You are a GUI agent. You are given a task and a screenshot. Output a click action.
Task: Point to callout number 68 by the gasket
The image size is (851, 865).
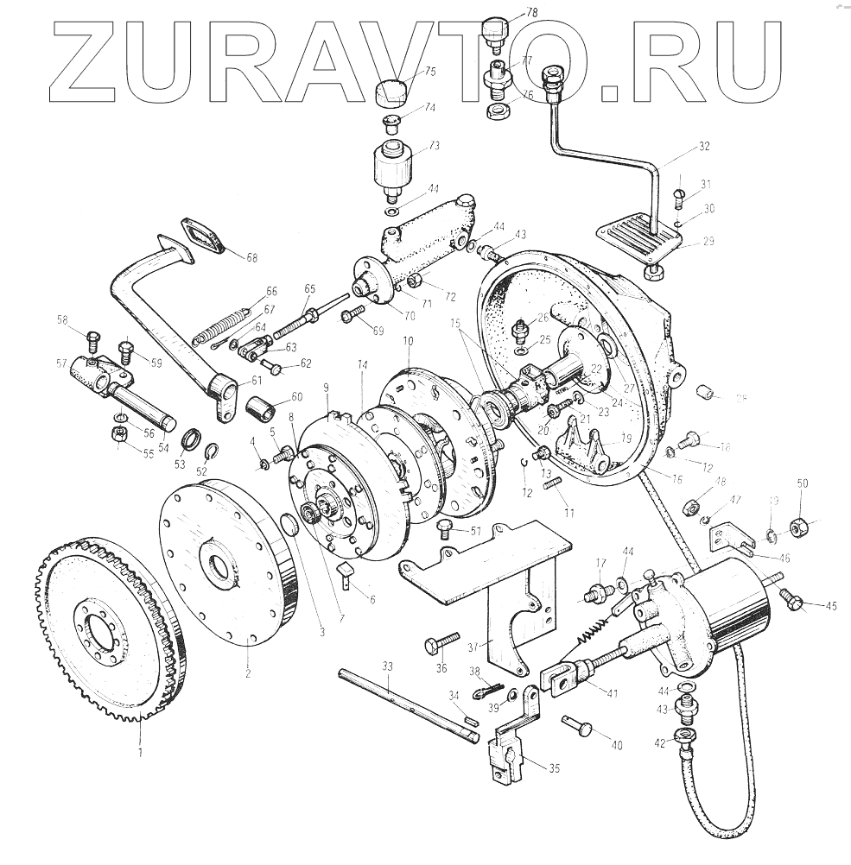click(x=252, y=257)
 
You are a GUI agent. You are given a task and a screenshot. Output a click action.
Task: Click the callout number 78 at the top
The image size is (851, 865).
click(x=531, y=12)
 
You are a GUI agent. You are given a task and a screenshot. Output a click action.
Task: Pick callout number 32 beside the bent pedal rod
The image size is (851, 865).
click(x=704, y=147)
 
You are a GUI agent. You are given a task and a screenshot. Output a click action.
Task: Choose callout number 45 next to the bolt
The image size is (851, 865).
click(x=831, y=606)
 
